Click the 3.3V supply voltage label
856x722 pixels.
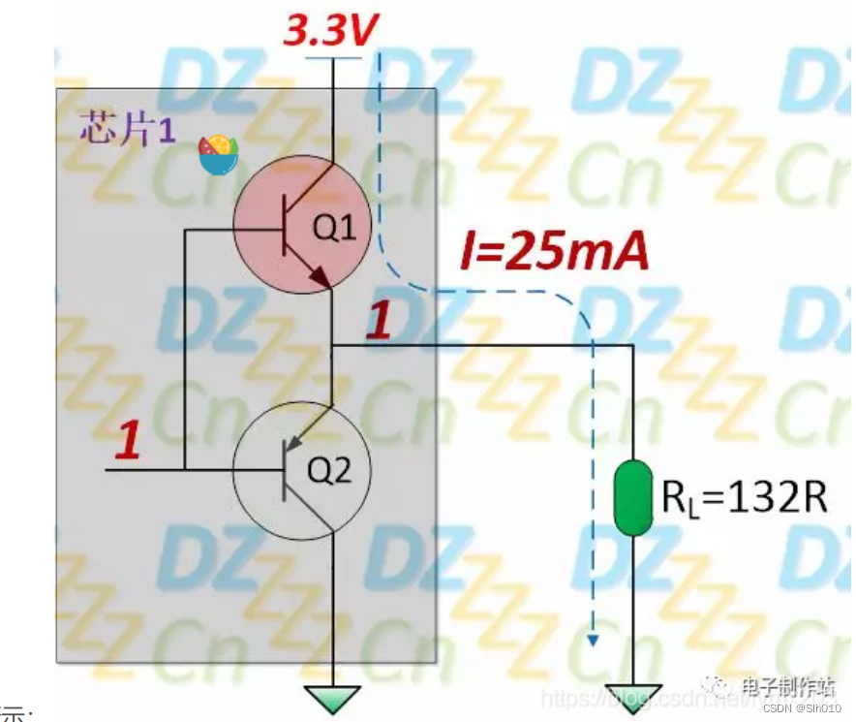[330, 32]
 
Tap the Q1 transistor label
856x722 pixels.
[333, 229]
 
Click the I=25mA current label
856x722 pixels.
[553, 254]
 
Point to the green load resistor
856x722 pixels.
[632, 498]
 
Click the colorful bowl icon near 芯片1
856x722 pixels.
[218, 154]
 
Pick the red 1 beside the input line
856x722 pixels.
[128, 442]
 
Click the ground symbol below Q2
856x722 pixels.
[332, 697]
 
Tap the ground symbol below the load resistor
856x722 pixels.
[633, 697]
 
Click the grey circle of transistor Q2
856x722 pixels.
[302, 473]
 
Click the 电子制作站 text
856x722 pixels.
[788, 685]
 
